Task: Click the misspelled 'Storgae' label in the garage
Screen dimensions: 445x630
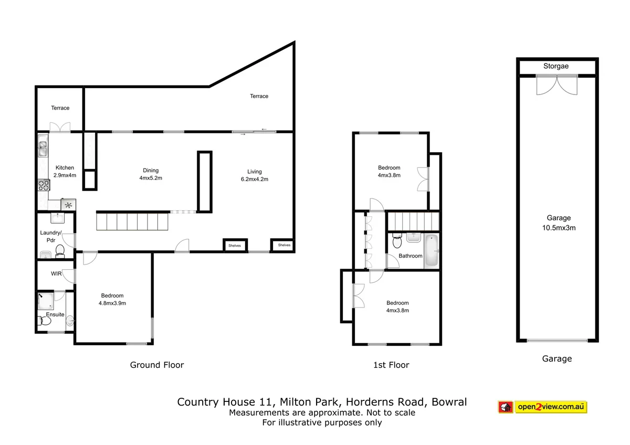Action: (556, 66)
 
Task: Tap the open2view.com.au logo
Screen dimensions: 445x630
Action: (542, 407)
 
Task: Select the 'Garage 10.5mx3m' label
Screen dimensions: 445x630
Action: (558, 223)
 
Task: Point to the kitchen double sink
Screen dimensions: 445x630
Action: (43, 147)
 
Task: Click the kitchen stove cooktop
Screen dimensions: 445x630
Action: (43, 185)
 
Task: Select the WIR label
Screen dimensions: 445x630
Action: (57, 274)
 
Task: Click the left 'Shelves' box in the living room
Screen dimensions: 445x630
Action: (234, 245)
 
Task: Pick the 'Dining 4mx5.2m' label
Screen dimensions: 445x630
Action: (151, 174)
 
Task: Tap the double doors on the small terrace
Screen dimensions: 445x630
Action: (59, 127)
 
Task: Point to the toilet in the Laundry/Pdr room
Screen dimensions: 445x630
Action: (60, 251)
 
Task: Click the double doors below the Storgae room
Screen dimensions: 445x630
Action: (556, 84)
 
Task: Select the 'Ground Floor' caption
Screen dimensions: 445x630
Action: (157, 365)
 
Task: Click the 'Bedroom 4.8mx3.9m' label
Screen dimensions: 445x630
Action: (112, 299)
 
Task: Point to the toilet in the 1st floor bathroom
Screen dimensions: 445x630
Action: (397, 241)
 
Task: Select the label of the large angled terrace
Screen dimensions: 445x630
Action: (259, 96)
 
